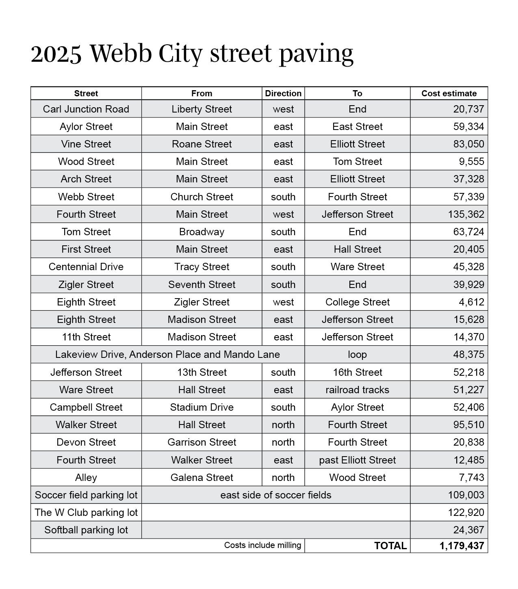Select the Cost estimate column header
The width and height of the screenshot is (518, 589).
(x=449, y=93)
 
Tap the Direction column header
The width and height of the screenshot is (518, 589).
(x=283, y=93)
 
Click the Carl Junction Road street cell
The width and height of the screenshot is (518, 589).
(x=86, y=109)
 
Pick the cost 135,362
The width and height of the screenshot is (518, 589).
(x=466, y=214)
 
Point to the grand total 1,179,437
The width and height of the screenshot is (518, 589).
(x=462, y=546)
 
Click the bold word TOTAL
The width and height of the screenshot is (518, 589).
(x=390, y=546)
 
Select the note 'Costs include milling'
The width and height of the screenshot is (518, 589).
(x=262, y=545)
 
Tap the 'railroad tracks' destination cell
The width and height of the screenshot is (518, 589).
(x=357, y=390)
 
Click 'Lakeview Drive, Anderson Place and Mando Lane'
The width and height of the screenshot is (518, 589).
(x=167, y=355)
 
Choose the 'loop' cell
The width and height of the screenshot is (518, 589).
(x=357, y=355)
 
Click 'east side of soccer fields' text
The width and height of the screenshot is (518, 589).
(x=275, y=495)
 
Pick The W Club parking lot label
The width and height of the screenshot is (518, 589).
(x=86, y=513)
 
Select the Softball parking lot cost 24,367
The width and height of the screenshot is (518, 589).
(x=468, y=530)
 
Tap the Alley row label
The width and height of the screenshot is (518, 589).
(x=86, y=478)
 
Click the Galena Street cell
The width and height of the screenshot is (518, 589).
(x=202, y=478)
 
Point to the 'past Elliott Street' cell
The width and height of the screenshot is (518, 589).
(x=357, y=460)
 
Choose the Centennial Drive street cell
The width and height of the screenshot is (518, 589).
(x=86, y=267)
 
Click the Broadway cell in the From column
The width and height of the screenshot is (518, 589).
(x=202, y=232)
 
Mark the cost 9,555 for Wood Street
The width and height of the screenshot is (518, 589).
(x=471, y=162)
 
